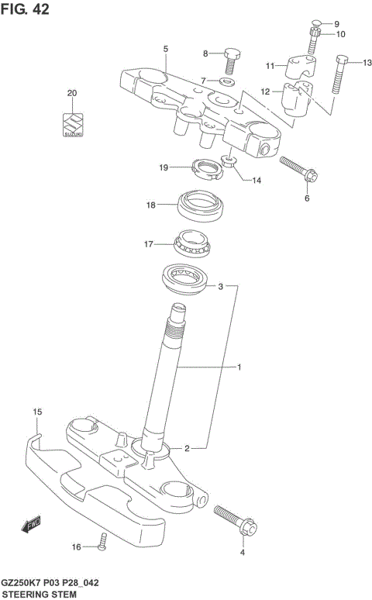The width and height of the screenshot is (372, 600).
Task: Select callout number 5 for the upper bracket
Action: click(165, 49)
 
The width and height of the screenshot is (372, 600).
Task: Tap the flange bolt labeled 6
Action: click(296, 170)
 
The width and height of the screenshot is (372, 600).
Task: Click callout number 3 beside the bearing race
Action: click(220, 287)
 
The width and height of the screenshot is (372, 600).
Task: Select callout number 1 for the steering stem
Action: click(240, 367)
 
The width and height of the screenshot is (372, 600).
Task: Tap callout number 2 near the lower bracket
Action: click(187, 448)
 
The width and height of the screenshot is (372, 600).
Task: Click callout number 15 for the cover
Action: click(36, 411)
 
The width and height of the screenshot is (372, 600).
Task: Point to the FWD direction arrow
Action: click(31, 526)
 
